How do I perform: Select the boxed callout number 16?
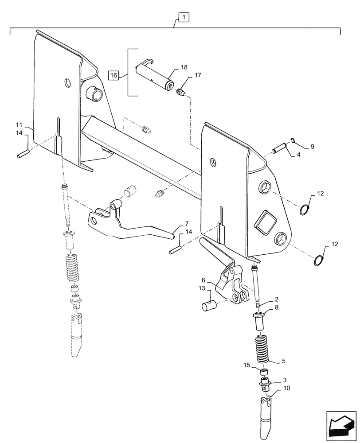point(113,75)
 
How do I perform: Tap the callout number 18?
point(184,67)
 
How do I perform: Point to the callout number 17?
point(197,75)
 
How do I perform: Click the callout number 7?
point(187,223)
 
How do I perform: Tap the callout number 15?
point(247,365)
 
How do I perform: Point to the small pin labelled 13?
point(209,306)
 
